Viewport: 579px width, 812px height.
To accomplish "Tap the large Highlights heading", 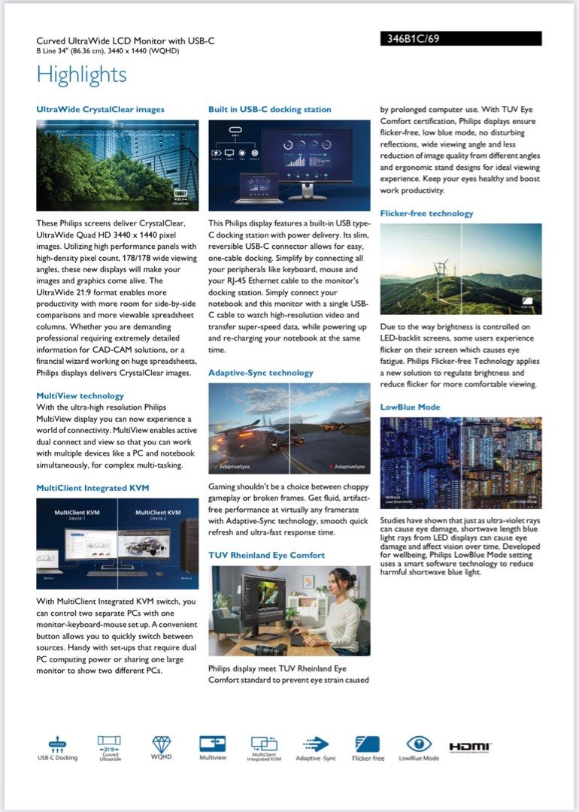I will [81, 75].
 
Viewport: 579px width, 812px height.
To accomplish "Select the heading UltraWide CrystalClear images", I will [100, 109].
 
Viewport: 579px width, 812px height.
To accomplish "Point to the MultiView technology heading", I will [80, 395].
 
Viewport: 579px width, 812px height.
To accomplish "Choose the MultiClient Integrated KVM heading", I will [92, 488].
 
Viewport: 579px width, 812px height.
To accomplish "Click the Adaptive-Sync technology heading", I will [260, 373].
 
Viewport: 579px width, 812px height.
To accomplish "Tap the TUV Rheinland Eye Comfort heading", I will [266, 555].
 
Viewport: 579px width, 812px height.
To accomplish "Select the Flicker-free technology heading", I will [426, 214].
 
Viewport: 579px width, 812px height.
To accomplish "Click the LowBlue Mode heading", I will [410, 408].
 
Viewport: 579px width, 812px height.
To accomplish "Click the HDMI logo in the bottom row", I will [470, 746].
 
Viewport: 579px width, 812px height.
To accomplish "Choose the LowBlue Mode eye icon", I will [419, 744].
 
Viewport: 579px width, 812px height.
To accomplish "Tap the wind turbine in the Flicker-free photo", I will [441, 271].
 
